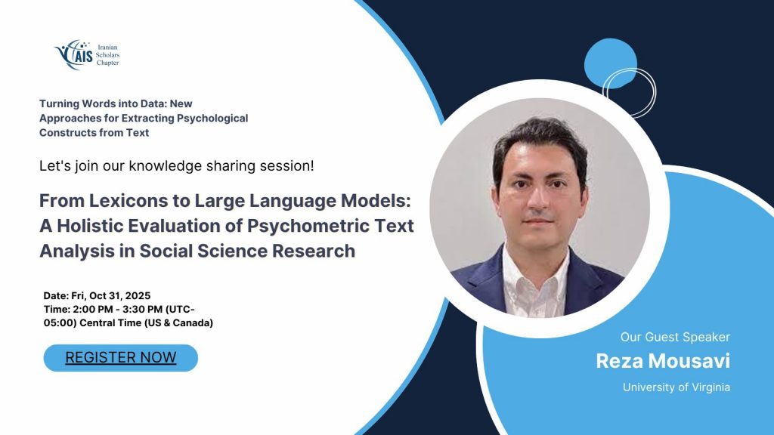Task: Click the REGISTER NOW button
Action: [x=120, y=357]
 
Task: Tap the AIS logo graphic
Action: [x=74, y=54]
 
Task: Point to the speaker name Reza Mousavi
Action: [x=663, y=361]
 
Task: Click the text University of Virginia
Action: [x=676, y=387]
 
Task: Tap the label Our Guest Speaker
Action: [x=675, y=337]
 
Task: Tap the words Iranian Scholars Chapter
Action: [x=107, y=54]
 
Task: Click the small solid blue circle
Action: [x=611, y=63]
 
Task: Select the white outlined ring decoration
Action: [x=655, y=92]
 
